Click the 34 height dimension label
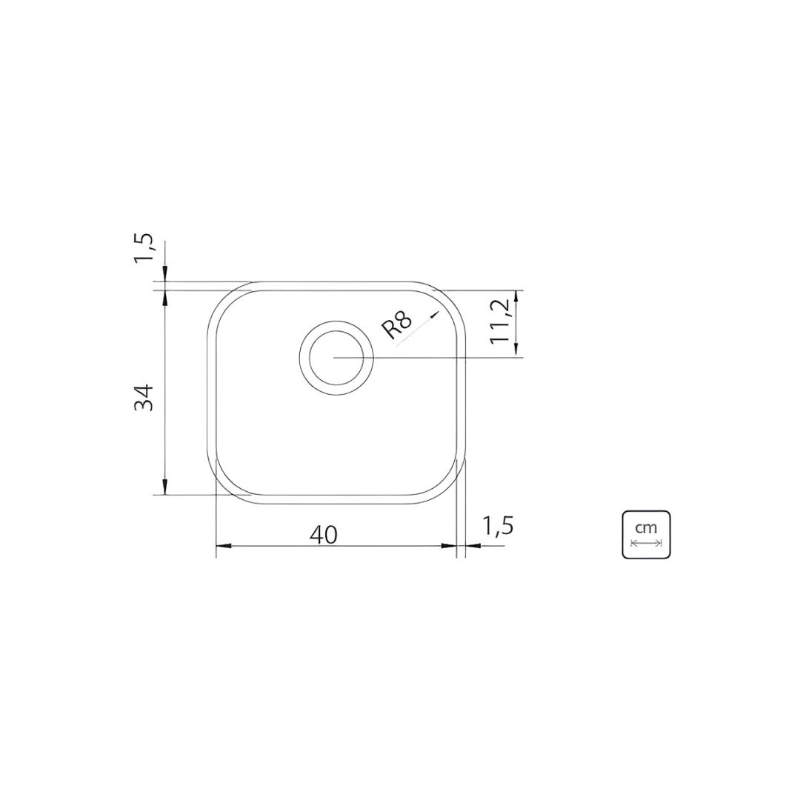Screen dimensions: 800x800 click(x=144, y=398)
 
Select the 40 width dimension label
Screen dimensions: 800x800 click(x=324, y=535)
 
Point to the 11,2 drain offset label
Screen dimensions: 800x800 click(x=501, y=321)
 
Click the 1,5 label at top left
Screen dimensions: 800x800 click(x=144, y=248)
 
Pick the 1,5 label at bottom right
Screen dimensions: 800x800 click(x=496, y=526)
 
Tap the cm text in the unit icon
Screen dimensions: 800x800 click(x=646, y=527)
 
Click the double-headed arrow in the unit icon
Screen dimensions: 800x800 click(x=646, y=543)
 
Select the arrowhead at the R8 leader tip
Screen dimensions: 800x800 click(x=435, y=314)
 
